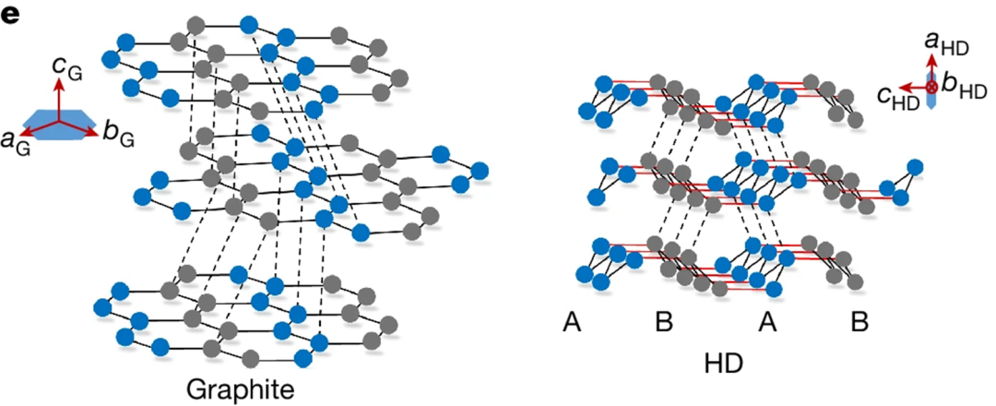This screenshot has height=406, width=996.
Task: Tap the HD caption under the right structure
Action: pyautogui.click(x=721, y=363)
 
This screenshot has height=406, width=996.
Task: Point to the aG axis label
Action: pyautogui.click(x=14, y=140)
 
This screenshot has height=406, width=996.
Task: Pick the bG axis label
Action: pyautogui.click(x=115, y=138)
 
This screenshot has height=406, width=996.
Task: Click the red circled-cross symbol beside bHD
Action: pyautogui.click(x=932, y=87)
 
